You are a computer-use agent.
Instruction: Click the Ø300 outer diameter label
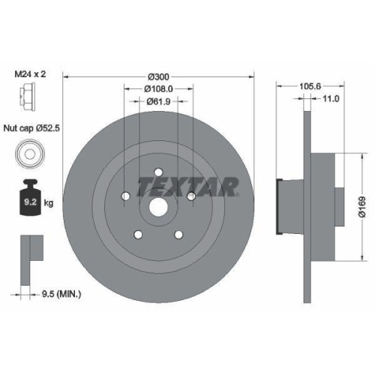159,76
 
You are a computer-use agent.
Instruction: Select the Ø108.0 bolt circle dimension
159,88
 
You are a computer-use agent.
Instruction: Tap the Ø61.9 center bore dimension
159,102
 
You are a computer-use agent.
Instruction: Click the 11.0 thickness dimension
331,98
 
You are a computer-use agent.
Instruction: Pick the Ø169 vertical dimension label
361,202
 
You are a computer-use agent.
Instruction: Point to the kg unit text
49,202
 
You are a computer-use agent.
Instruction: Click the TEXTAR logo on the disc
187,185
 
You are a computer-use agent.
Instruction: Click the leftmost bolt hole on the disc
125,198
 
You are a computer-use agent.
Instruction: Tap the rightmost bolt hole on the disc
192,196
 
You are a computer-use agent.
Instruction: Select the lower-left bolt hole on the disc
138,235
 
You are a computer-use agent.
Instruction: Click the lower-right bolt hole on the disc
178,235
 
